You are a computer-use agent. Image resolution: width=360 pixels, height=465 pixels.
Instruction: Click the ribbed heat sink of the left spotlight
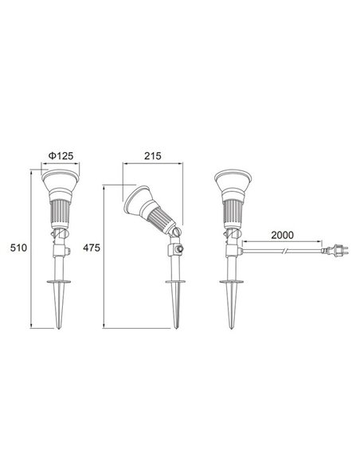click(61, 211)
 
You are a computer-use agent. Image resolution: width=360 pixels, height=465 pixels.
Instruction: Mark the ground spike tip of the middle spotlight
click(173, 325)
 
